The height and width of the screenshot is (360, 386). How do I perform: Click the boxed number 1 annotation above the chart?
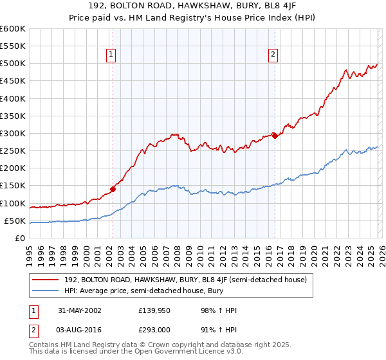pyautogui.click(x=112, y=55)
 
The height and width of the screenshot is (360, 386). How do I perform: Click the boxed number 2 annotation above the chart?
pyautogui.click(x=273, y=55)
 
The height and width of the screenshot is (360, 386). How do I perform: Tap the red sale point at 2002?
pyautogui.click(x=113, y=189)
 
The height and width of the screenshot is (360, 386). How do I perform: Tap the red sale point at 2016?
pyautogui.click(x=275, y=136)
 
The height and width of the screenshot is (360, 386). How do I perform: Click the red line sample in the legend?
pyautogui.click(x=46, y=280)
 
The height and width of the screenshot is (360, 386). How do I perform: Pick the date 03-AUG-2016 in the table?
pyautogui.click(x=78, y=329)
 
